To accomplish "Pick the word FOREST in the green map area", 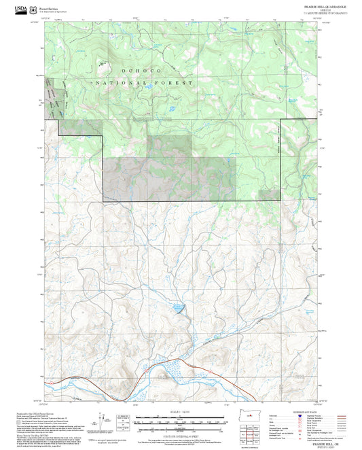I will tap(178, 82).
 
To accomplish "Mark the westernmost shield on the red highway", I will tap(71, 382).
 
